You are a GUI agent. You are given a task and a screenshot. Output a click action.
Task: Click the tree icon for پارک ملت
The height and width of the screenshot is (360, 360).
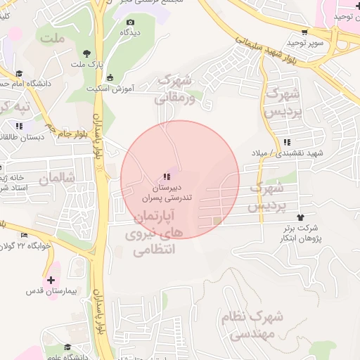[x=87, y=53]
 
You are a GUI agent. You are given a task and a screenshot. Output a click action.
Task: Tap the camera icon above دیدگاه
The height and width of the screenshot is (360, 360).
[x=130, y=22]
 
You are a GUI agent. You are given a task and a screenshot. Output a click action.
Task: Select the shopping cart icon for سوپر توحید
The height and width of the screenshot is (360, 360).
[x=304, y=32]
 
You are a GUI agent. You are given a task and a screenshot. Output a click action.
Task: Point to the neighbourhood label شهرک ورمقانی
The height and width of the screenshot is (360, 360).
[x=173, y=89]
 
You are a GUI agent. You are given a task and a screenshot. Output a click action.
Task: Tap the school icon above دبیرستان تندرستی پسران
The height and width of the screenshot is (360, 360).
[x=166, y=176]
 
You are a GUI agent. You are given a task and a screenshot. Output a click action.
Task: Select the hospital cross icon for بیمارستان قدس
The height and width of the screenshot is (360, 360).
[x=50, y=280]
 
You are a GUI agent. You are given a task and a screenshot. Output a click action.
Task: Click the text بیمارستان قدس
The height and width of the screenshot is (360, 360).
[x=51, y=291]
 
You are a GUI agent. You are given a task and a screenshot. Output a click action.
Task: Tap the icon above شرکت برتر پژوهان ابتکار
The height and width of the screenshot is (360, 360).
[x=302, y=217]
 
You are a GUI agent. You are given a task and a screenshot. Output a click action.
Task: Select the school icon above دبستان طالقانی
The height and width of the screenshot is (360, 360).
[x=19, y=126]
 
